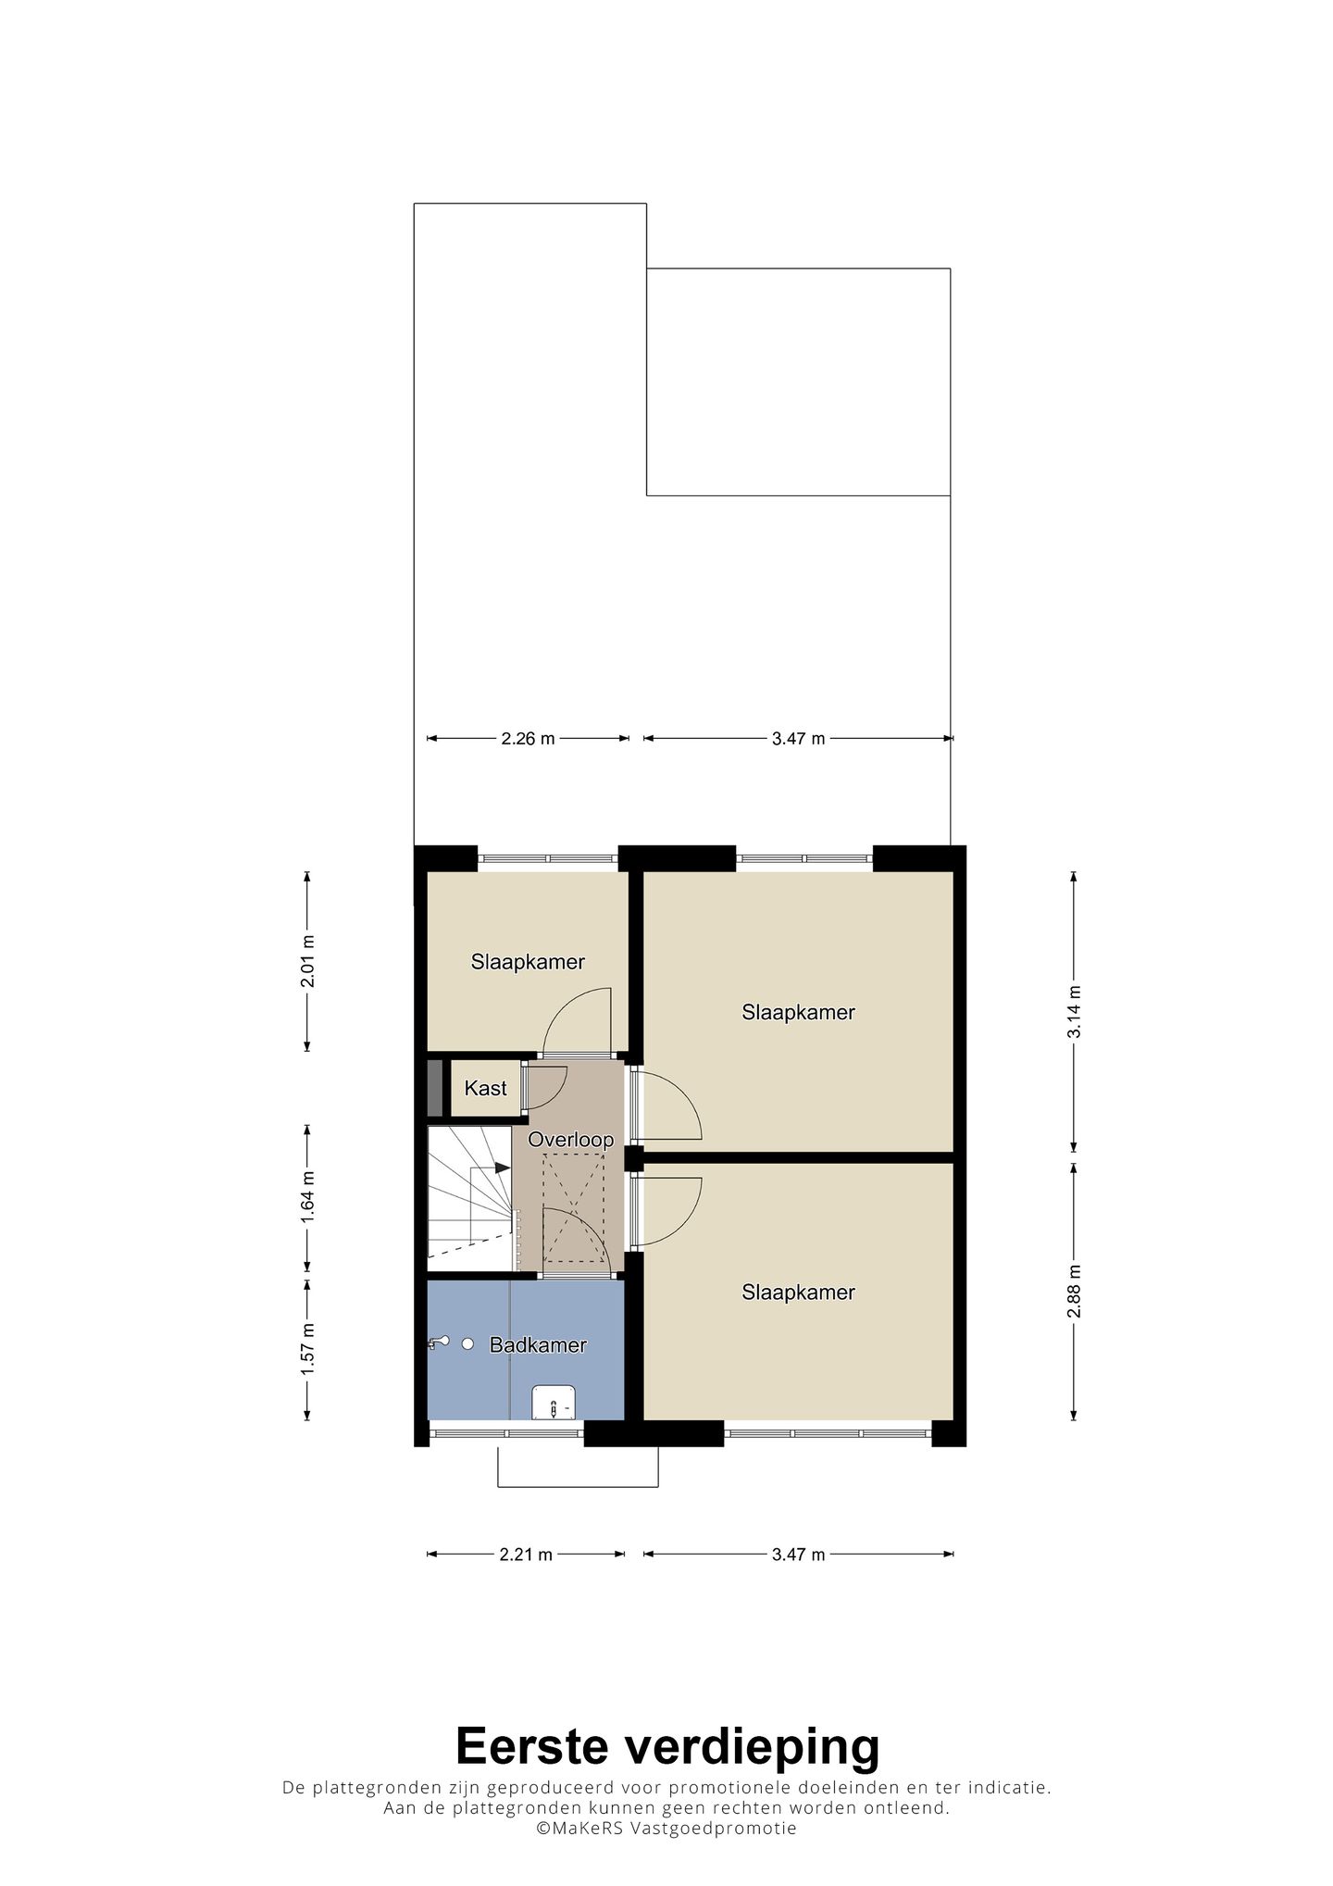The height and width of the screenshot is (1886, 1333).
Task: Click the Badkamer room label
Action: [x=538, y=1345]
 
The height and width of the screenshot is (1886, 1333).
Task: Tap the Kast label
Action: [x=485, y=1088]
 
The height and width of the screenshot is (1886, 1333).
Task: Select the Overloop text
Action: [x=570, y=1140]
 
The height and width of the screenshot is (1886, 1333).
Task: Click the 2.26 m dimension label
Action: [x=528, y=738]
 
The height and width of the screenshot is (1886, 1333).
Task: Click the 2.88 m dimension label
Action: [x=1074, y=1291]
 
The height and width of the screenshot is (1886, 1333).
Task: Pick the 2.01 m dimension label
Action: [x=308, y=961]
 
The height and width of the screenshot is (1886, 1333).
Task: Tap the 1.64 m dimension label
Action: [x=308, y=1197]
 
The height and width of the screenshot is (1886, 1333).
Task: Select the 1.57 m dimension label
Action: [x=308, y=1348]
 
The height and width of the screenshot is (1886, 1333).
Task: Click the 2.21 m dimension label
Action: [x=526, y=1555]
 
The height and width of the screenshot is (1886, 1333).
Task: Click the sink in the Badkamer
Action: [x=554, y=1403]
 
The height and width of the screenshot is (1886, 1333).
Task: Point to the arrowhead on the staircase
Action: [x=503, y=1168]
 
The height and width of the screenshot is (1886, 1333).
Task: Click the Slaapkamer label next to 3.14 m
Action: [x=798, y=1012]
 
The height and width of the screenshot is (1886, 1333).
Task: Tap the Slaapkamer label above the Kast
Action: [x=528, y=962]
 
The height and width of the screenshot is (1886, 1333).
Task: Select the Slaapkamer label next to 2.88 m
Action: [x=798, y=1293]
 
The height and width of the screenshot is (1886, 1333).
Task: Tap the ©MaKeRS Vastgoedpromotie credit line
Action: [x=666, y=1829]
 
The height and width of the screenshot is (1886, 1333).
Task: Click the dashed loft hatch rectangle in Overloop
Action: [x=574, y=1208]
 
